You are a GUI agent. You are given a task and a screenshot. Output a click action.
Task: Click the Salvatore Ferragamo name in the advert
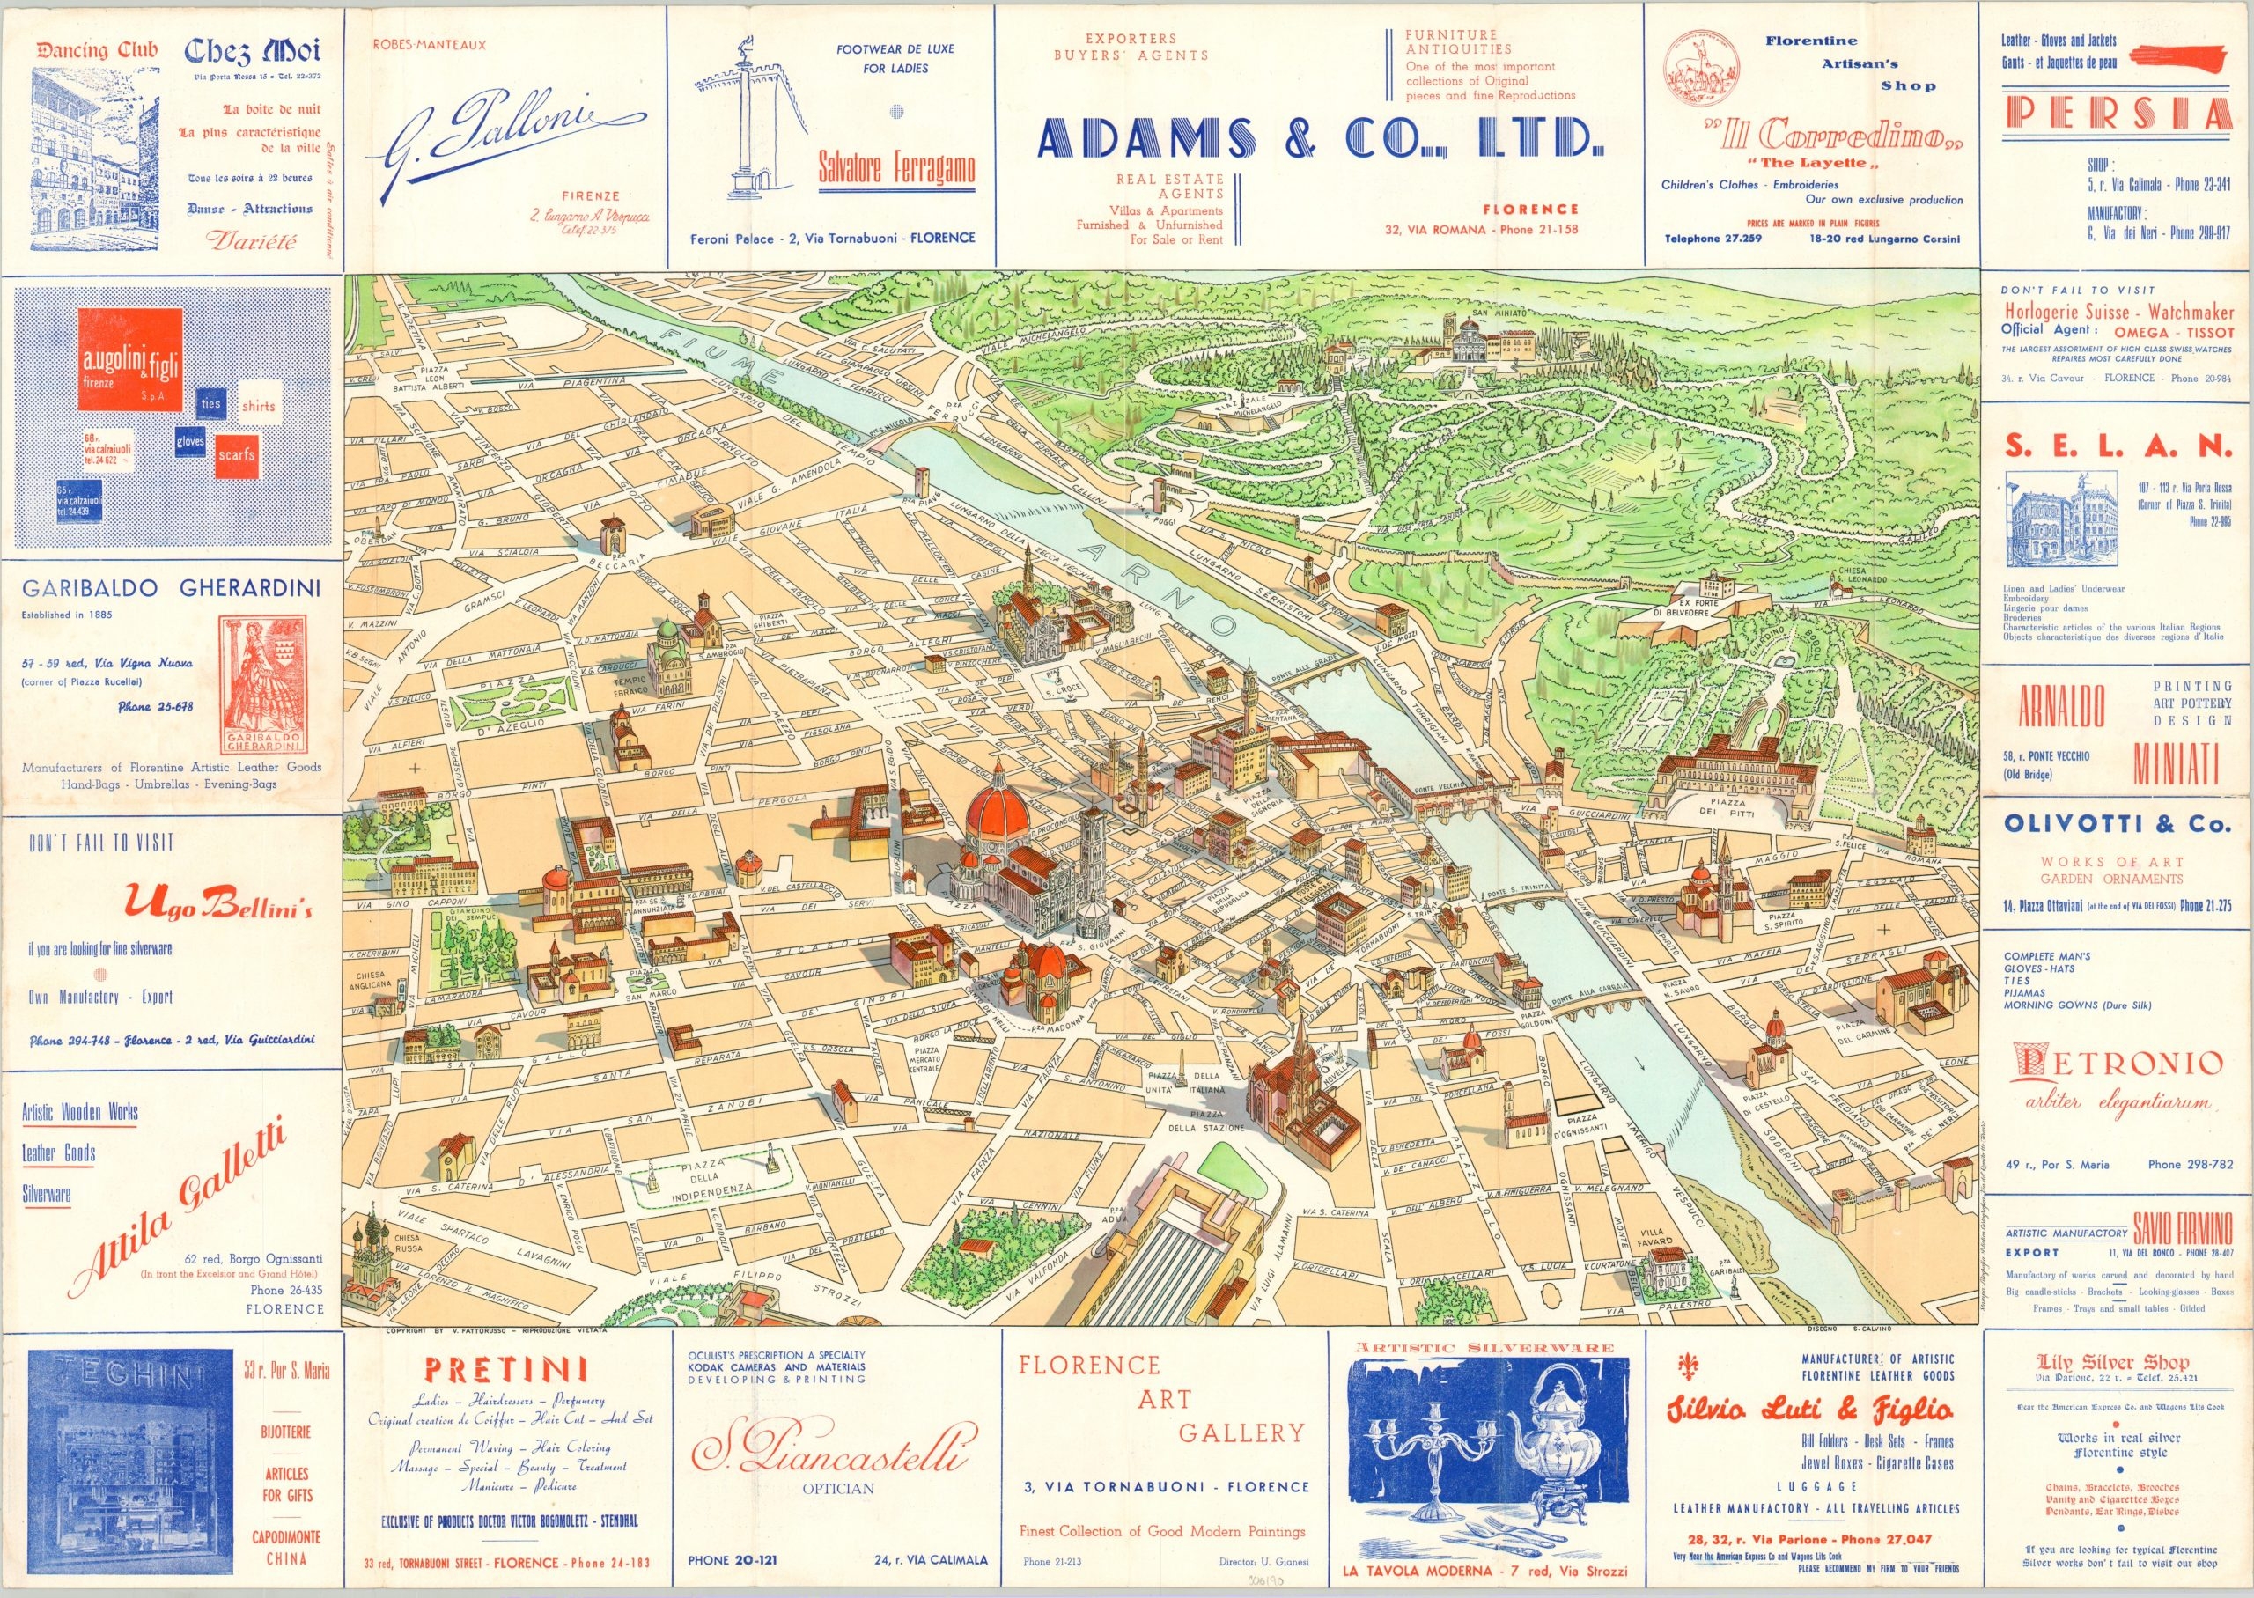coord(896,169)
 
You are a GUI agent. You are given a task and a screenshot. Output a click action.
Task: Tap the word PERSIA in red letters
coord(2118,115)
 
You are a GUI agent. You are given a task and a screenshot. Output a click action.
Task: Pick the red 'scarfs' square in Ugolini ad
coord(236,454)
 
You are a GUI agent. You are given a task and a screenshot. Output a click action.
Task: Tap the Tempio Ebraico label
coord(629,686)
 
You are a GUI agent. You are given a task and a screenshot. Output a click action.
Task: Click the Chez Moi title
coord(252,50)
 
